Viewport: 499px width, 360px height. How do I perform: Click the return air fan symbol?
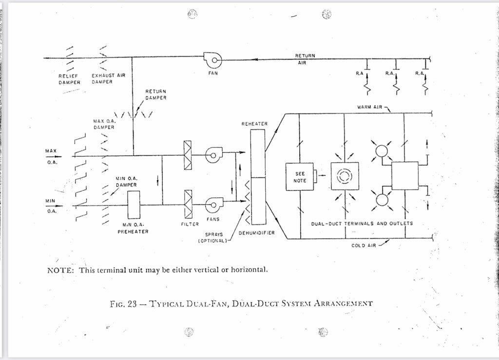(x=213, y=60)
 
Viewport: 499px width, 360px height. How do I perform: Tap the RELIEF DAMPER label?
(x=69, y=79)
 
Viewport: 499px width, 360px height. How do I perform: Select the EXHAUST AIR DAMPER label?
(x=108, y=79)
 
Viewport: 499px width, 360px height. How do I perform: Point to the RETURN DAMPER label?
(x=156, y=95)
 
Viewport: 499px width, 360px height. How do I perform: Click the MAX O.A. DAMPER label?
(x=103, y=124)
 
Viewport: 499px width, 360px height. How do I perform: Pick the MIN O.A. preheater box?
(x=133, y=205)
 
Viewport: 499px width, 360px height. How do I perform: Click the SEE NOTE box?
(x=300, y=177)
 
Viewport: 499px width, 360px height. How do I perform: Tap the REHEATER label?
(x=254, y=124)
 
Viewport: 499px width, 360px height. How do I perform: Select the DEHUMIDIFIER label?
(x=256, y=233)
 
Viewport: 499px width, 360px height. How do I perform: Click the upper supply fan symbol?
(x=213, y=155)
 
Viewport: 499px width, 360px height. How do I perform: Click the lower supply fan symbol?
(x=213, y=205)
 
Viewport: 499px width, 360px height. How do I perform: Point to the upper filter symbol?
(x=188, y=155)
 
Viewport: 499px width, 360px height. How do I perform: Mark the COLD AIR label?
(x=364, y=246)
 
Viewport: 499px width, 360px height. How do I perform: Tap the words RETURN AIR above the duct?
(x=305, y=59)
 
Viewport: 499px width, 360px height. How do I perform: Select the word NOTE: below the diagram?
(x=60, y=270)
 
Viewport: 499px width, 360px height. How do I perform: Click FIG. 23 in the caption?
(x=124, y=303)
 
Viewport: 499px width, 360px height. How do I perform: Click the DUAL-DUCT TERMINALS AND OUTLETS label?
(x=362, y=224)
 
